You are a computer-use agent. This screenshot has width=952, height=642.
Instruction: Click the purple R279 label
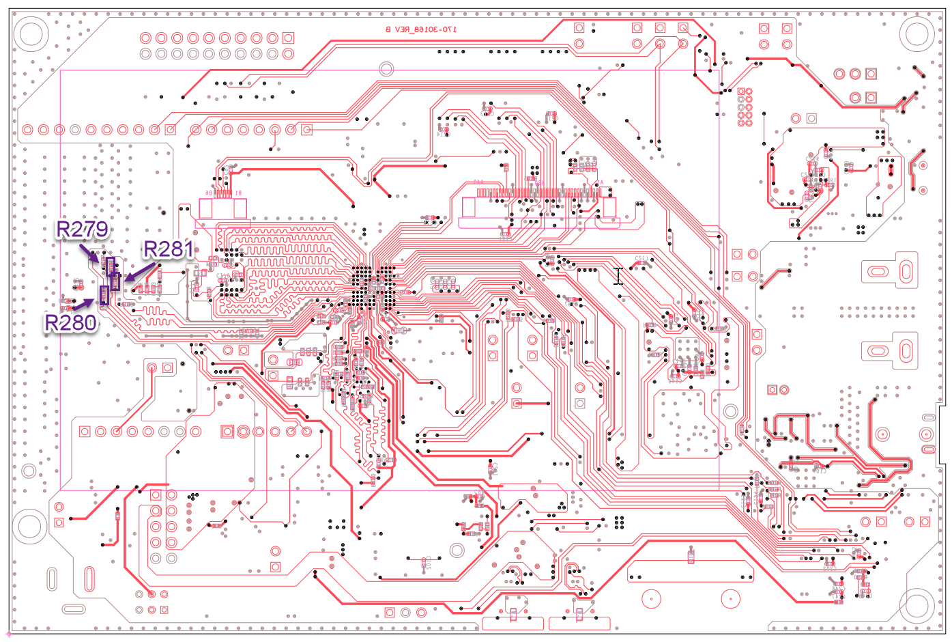(x=82, y=229)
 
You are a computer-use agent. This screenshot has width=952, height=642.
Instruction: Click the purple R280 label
(x=71, y=322)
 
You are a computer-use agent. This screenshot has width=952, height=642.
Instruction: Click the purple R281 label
(x=168, y=249)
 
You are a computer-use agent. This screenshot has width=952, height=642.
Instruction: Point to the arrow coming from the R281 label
(x=139, y=272)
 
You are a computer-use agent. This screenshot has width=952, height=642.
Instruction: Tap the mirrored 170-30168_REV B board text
(x=421, y=29)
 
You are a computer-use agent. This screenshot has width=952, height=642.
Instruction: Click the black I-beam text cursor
(x=618, y=276)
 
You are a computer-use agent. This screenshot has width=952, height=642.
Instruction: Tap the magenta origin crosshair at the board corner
(x=8, y=634)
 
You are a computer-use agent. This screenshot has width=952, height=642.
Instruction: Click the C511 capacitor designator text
(x=641, y=258)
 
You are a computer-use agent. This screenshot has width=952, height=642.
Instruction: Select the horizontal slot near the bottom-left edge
(x=74, y=609)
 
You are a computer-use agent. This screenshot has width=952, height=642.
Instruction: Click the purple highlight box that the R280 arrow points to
(x=104, y=295)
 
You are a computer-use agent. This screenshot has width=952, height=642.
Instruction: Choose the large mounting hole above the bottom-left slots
(x=31, y=526)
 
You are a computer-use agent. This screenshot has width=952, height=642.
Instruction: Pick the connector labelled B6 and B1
(x=222, y=207)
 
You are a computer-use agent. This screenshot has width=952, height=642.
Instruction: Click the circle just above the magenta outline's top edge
(x=386, y=68)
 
